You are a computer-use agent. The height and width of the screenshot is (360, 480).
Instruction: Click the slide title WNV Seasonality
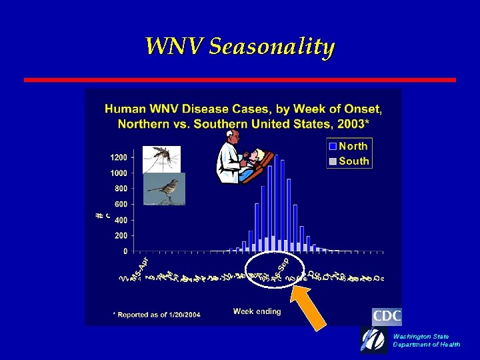point(240,47)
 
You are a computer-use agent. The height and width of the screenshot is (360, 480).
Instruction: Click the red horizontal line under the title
point(240,79)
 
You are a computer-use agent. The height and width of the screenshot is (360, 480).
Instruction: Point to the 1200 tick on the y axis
point(119,157)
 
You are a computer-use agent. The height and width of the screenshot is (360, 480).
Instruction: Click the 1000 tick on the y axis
point(119,173)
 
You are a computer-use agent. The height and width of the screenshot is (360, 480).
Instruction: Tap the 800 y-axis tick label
point(121,189)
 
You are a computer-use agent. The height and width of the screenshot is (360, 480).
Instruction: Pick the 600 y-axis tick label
point(121,204)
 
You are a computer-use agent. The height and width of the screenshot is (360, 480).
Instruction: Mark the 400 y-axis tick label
point(121,220)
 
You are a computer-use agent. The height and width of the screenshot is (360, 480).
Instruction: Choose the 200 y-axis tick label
point(121,235)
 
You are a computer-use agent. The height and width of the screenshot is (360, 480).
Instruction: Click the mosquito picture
point(161,159)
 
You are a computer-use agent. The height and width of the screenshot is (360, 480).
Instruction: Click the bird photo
point(164,189)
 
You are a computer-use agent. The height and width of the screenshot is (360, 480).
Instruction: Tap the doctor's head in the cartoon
point(231,136)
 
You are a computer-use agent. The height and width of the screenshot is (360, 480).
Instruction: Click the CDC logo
point(387,316)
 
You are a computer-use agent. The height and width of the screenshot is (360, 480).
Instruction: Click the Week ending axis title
point(257,311)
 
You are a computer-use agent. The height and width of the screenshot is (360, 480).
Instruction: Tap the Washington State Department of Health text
point(426,341)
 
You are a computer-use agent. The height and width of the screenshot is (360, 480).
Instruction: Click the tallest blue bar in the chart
point(276,200)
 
